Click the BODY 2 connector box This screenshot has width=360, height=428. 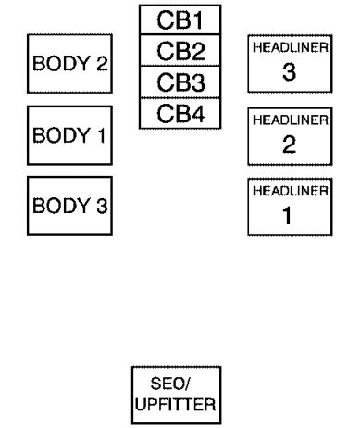tap(68, 64)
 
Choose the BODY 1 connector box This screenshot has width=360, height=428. tap(68, 135)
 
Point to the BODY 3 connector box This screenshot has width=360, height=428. tap(68, 206)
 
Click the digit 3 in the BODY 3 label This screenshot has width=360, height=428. tap(100, 206)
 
